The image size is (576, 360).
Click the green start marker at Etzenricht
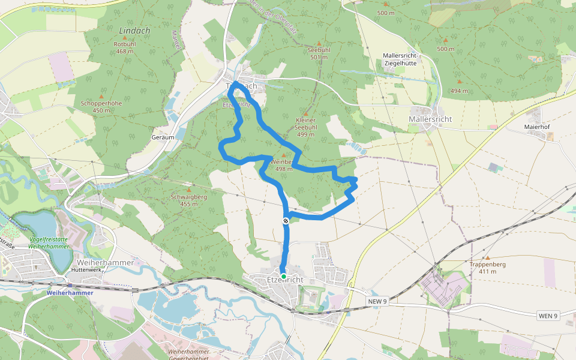point(283,277)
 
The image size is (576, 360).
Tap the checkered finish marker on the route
point(286,221)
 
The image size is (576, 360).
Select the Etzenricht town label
point(285,280)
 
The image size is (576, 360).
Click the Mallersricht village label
point(430,119)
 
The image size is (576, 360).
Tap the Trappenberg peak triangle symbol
point(487,257)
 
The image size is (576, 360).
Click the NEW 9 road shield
point(377,301)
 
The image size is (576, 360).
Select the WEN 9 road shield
point(548,316)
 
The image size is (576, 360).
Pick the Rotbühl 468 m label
point(125,47)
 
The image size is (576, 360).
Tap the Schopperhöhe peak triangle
point(101,97)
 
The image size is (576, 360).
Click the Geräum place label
point(163,137)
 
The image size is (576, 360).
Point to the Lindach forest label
point(134,31)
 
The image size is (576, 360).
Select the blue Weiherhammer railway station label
point(70,293)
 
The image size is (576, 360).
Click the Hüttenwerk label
point(85,270)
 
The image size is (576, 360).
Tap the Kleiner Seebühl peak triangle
point(305,113)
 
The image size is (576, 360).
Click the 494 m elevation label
point(459,91)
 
